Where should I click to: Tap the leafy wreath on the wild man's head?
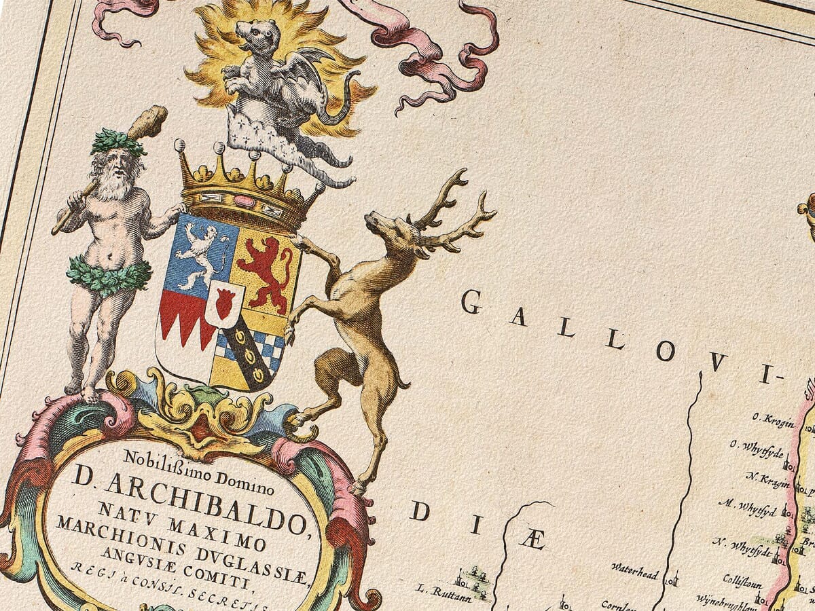pos(119,141)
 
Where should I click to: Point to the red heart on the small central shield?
pos(224,303)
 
